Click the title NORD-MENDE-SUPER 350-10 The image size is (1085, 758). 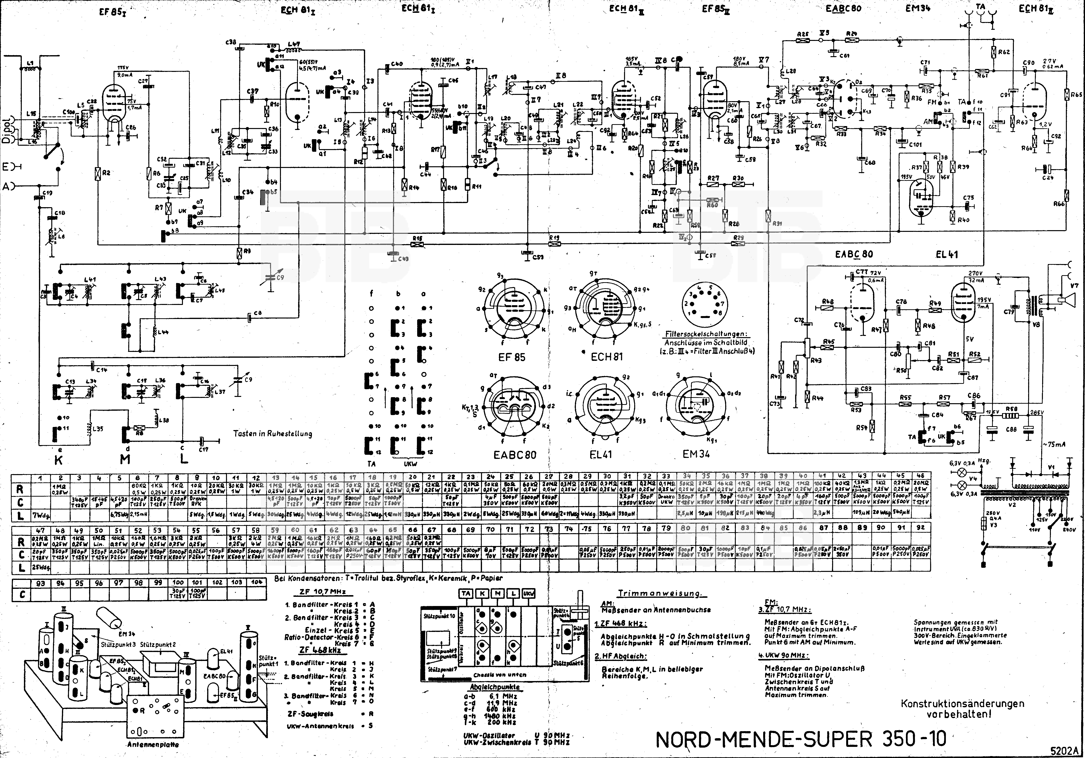click(801, 739)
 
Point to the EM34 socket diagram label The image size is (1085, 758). click(696, 454)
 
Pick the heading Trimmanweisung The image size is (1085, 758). click(660, 593)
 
